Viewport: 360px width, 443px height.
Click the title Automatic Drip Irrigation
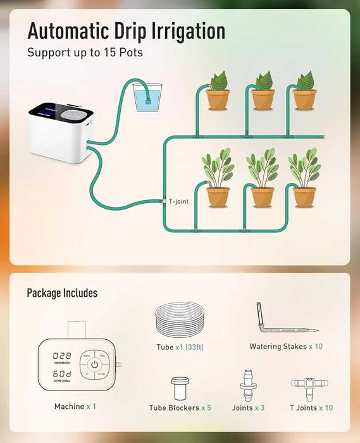(x=126, y=31)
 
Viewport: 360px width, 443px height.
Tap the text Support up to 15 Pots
(x=85, y=53)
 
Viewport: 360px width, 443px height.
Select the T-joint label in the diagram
(x=178, y=201)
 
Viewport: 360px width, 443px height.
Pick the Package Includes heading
(x=62, y=293)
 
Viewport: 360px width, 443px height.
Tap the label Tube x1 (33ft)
(x=180, y=347)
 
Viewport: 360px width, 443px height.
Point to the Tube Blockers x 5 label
(x=180, y=408)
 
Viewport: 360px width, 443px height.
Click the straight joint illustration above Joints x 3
(x=248, y=384)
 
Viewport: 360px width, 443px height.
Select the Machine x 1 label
(x=75, y=406)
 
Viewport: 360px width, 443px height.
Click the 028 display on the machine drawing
(x=61, y=356)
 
